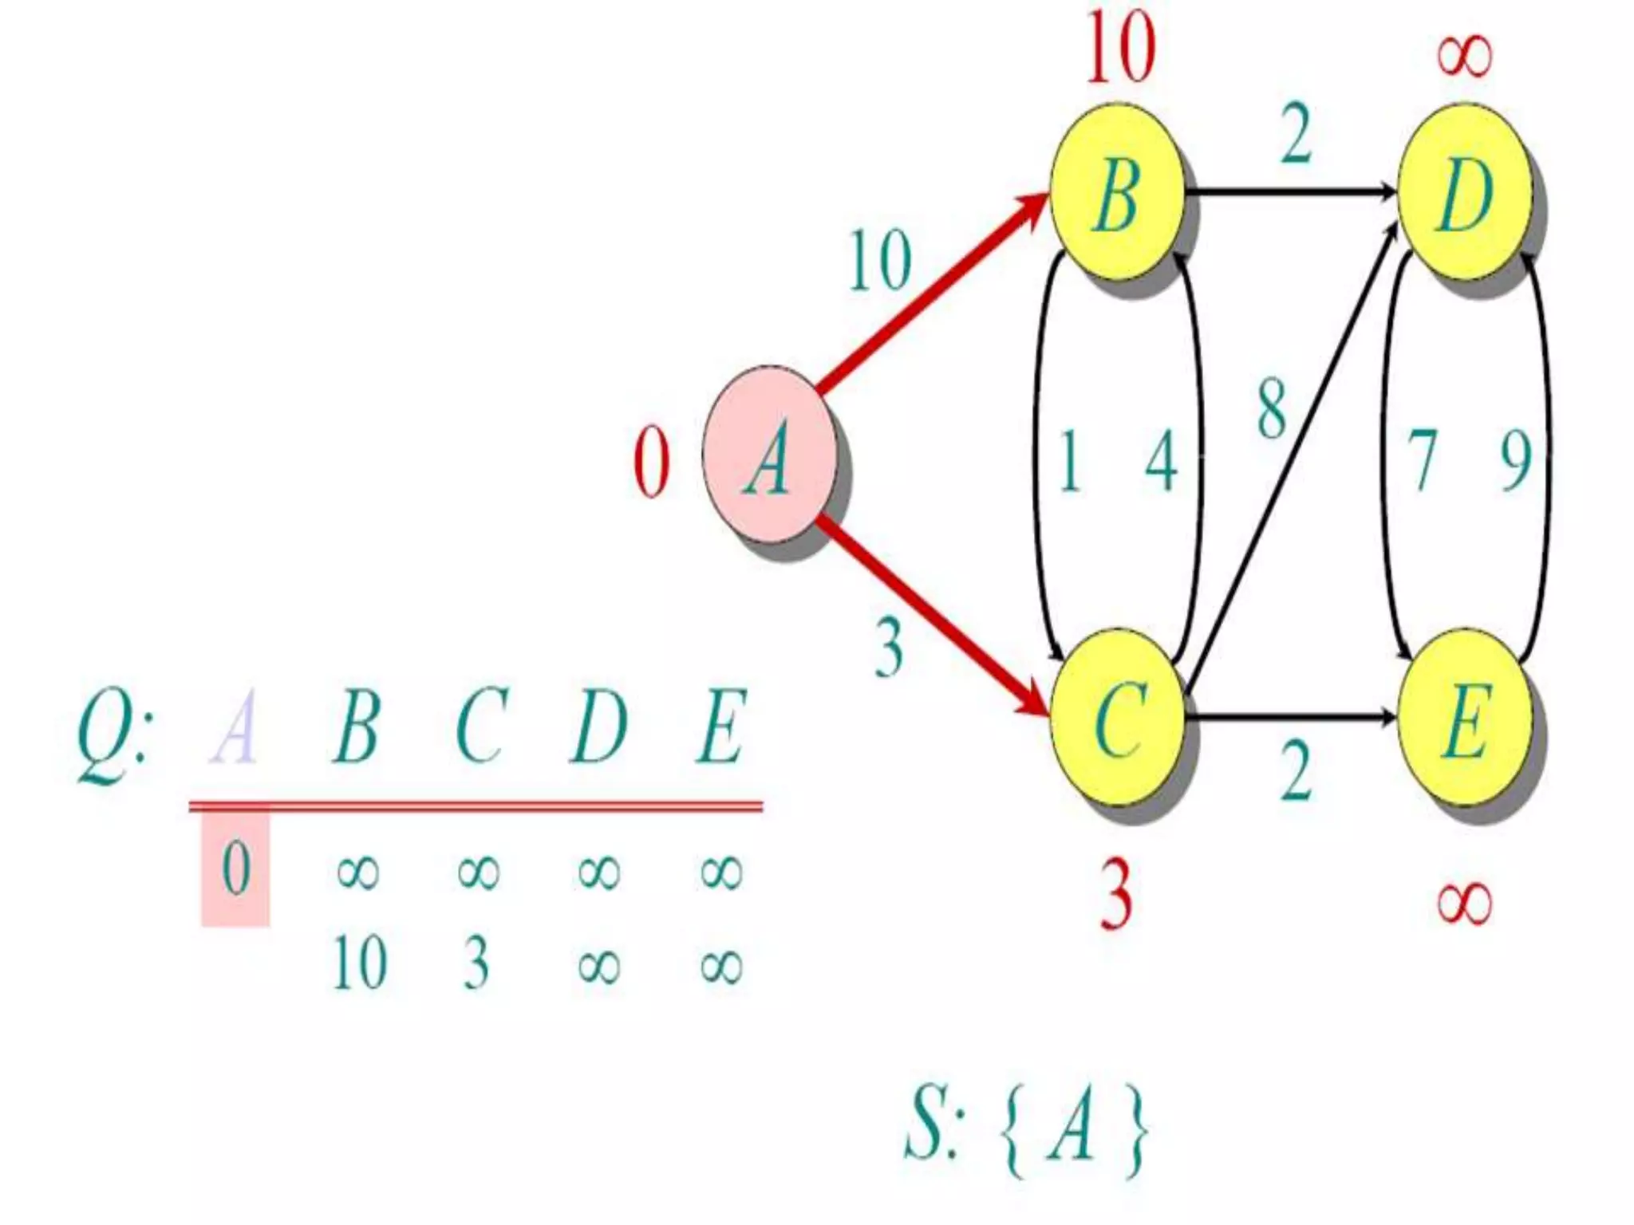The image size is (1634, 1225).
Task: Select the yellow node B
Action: pos(1117,193)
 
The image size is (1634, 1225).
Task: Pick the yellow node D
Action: pos(1465,193)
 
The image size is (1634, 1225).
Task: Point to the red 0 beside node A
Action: pos(651,463)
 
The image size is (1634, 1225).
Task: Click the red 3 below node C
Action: pos(1116,895)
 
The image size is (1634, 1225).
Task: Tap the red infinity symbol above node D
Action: pos(1464,56)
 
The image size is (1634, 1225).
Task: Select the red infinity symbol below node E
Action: pos(1464,904)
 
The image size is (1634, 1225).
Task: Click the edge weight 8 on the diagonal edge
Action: pos(1272,409)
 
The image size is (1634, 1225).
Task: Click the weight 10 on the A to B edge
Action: pos(879,260)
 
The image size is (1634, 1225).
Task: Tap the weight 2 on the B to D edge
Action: pos(1297,133)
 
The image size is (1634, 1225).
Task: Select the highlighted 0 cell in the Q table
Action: pos(235,868)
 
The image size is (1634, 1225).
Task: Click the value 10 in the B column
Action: pos(360,963)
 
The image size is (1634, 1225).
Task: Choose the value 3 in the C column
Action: pos(476,963)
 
